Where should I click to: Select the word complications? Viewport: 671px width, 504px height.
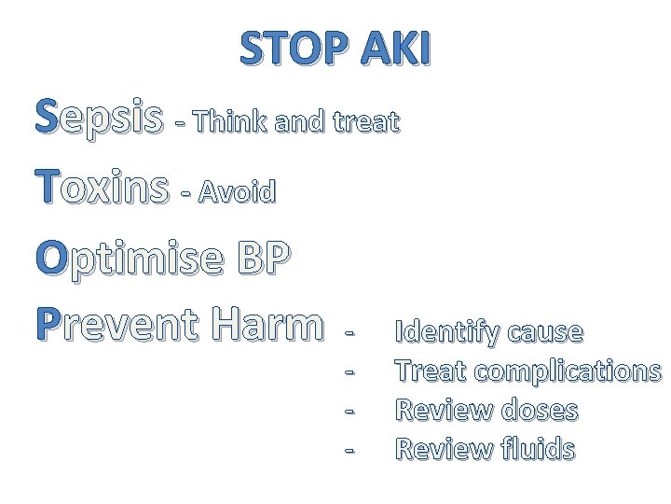pos(568,372)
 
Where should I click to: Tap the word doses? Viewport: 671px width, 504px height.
pos(539,411)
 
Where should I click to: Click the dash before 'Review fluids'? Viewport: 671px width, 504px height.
pos(349,450)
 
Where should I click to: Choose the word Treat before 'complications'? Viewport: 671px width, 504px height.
pos(430,371)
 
